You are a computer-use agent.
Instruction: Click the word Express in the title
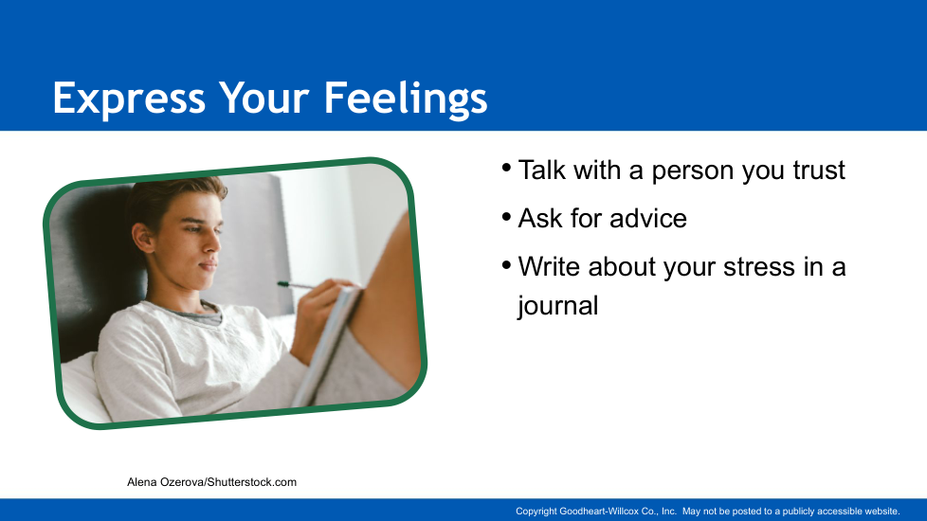pyautogui.click(x=129, y=98)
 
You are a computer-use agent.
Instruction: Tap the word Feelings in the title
pyautogui.click(x=406, y=99)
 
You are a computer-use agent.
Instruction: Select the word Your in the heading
pyautogui.click(x=264, y=98)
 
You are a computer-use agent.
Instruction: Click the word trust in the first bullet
pyautogui.click(x=819, y=171)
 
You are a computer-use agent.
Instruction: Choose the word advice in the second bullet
pyautogui.click(x=648, y=218)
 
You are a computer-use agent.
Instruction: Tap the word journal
pyautogui.click(x=558, y=306)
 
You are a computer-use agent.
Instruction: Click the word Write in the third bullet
pyautogui.click(x=549, y=266)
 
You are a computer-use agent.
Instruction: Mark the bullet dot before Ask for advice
pyautogui.click(x=506, y=217)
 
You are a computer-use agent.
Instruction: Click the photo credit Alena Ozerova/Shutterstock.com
pyautogui.click(x=211, y=482)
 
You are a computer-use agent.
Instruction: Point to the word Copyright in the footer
pyautogui.click(x=536, y=512)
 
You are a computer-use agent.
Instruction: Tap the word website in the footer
pyautogui.click(x=882, y=511)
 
